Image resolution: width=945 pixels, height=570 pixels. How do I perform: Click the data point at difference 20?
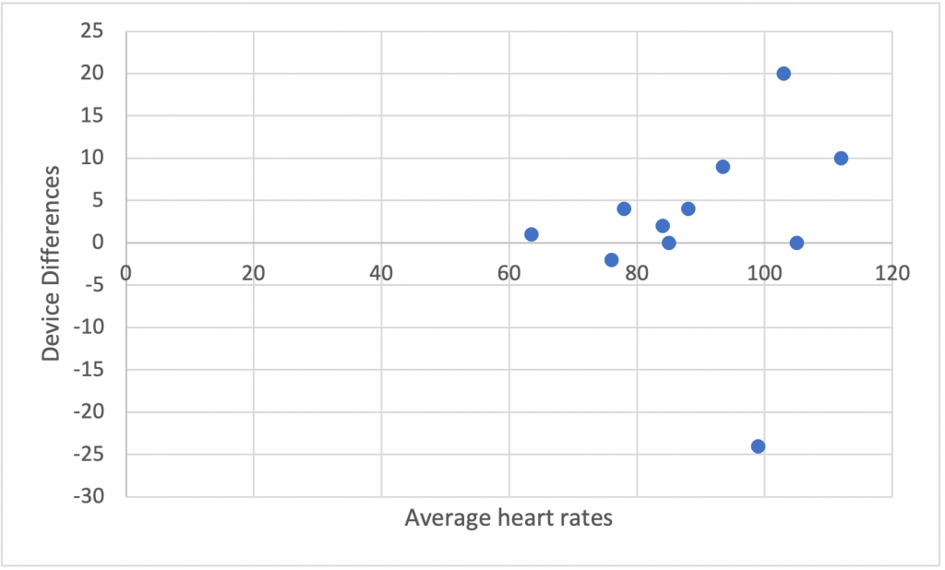pyautogui.click(x=784, y=74)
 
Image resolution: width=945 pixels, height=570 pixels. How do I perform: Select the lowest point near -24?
pyautogui.click(x=758, y=446)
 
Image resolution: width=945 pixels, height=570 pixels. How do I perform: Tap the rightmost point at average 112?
pyautogui.click(x=841, y=159)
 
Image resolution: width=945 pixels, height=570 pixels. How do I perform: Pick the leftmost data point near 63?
pyautogui.click(x=532, y=234)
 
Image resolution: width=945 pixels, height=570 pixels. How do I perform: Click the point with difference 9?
pyautogui.click(x=723, y=167)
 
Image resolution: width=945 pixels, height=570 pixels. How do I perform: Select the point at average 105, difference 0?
pyautogui.click(x=796, y=243)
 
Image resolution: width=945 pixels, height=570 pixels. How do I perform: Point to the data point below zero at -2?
pyautogui.click(x=611, y=260)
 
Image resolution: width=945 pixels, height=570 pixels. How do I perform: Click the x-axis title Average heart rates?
pyautogui.click(x=508, y=518)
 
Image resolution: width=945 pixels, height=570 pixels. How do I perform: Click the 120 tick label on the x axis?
pyautogui.click(x=892, y=273)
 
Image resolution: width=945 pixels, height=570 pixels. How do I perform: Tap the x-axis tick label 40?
pyautogui.click(x=381, y=273)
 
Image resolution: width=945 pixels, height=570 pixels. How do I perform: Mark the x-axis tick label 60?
pyautogui.click(x=508, y=273)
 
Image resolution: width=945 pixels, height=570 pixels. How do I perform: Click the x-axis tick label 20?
pyautogui.click(x=253, y=273)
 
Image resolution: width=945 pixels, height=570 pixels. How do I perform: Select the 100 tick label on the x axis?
pyautogui.click(x=765, y=273)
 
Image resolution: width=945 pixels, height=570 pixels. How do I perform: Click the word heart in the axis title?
pyautogui.click(x=521, y=518)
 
